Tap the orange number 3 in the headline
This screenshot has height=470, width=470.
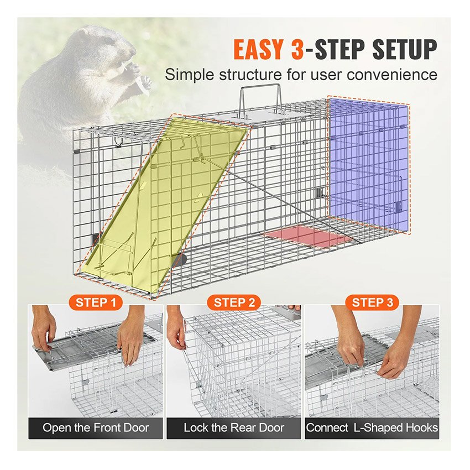(x=297, y=49)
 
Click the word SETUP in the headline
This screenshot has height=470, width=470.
(x=405, y=49)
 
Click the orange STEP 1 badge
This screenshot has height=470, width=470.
(x=96, y=302)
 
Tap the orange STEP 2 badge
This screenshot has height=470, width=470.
(x=234, y=302)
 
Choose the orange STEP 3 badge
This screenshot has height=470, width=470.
(x=372, y=302)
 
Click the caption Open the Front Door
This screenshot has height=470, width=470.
(x=96, y=428)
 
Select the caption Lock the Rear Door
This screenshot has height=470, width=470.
(x=234, y=428)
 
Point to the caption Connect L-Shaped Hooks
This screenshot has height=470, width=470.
(x=372, y=428)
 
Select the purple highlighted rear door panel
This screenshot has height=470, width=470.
(x=369, y=166)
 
